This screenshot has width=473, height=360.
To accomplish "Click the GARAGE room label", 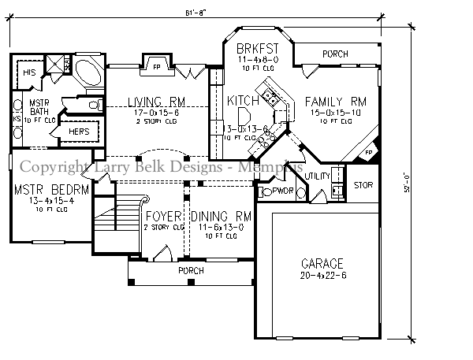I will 322,263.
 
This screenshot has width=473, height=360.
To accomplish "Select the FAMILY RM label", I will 336,101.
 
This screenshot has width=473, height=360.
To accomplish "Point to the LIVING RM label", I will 155,102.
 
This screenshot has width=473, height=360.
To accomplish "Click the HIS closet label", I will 29,72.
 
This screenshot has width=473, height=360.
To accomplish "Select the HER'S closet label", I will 80,131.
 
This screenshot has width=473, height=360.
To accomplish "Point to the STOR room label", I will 362,187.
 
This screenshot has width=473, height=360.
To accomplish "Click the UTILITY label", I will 318,176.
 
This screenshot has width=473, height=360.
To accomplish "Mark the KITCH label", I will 244,101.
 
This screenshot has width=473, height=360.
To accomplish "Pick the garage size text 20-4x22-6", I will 322,275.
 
